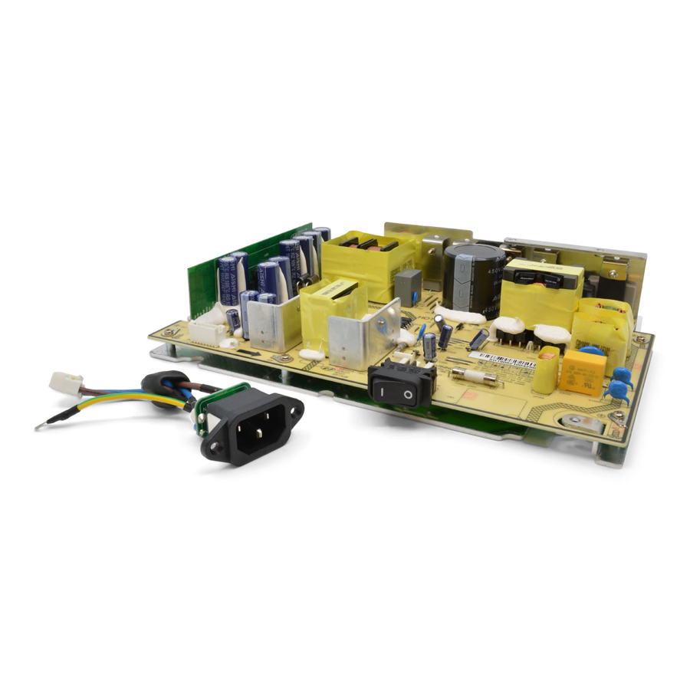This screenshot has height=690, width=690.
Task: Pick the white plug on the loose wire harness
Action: point(65,381)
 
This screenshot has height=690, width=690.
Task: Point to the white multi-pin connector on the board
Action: point(207,330)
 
